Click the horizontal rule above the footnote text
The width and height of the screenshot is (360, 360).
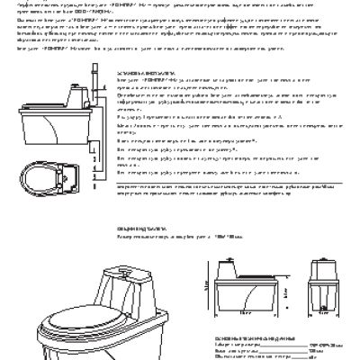[x=180, y=207]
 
